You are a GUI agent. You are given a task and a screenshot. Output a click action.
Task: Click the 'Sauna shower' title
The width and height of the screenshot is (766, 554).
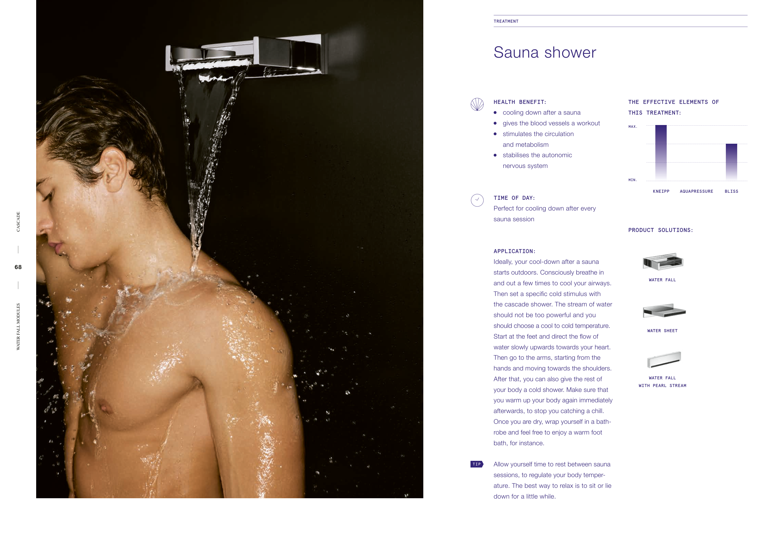[545, 52]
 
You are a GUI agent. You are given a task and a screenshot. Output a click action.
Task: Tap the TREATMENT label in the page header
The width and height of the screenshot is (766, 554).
[506, 21]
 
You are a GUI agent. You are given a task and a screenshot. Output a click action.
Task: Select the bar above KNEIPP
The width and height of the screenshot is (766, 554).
[661, 152]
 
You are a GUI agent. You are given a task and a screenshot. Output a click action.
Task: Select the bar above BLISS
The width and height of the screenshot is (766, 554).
[731, 161]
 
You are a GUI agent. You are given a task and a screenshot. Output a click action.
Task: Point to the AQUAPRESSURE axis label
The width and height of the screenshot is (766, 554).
[696, 192]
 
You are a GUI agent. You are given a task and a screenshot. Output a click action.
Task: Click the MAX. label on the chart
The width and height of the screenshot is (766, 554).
[633, 127]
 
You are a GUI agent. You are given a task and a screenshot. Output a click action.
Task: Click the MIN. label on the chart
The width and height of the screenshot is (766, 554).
[633, 180]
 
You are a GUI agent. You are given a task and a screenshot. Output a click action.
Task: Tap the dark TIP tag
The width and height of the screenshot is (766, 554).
[477, 464]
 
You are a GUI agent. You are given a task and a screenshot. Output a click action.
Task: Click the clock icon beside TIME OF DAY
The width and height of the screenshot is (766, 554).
[477, 200]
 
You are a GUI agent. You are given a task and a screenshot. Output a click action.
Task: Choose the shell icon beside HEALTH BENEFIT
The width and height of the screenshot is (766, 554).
[477, 104]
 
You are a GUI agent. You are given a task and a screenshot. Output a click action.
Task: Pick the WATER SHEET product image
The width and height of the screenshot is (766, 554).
[664, 311]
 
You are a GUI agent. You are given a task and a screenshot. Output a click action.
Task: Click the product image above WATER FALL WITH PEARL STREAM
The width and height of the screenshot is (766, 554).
[664, 359]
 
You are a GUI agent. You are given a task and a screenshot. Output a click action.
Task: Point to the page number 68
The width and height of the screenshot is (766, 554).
[18, 267]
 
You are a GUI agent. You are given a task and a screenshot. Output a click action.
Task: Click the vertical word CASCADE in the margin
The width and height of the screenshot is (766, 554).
[18, 222]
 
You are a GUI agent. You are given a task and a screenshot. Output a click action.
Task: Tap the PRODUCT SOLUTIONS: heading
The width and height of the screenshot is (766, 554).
[661, 230]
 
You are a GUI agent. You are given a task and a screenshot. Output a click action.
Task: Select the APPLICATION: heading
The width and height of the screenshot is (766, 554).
[515, 251]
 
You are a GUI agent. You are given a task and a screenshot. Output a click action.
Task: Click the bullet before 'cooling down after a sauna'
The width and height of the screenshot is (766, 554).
[495, 112]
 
